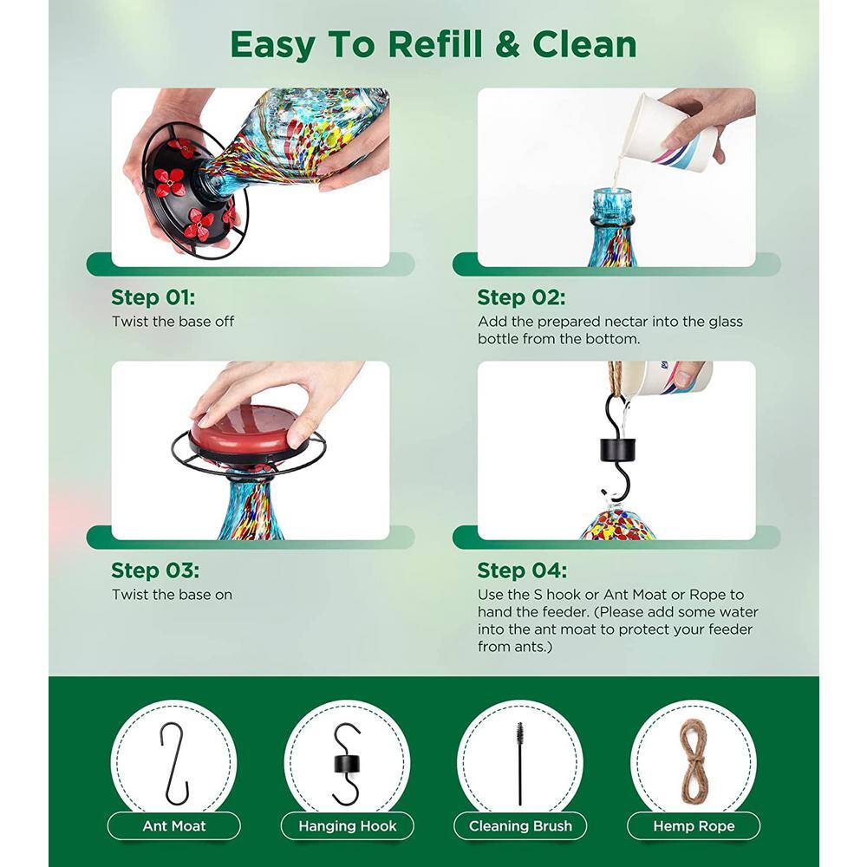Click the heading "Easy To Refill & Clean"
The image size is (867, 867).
(433, 45)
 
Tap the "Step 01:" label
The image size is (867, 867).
(153, 297)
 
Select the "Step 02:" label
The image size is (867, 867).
(521, 297)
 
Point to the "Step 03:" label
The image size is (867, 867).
(155, 570)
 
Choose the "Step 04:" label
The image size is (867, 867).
(522, 570)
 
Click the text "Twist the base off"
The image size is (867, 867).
(173, 322)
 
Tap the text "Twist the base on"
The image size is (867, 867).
(172, 595)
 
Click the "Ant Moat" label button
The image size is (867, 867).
(173, 825)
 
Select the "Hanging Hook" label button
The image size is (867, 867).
(348, 825)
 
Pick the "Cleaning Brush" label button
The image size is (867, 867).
(520, 825)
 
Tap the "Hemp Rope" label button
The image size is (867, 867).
(694, 825)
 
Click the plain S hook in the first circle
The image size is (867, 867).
(176, 763)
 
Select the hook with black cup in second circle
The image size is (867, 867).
(347, 764)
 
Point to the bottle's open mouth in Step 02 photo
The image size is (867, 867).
(612, 192)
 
